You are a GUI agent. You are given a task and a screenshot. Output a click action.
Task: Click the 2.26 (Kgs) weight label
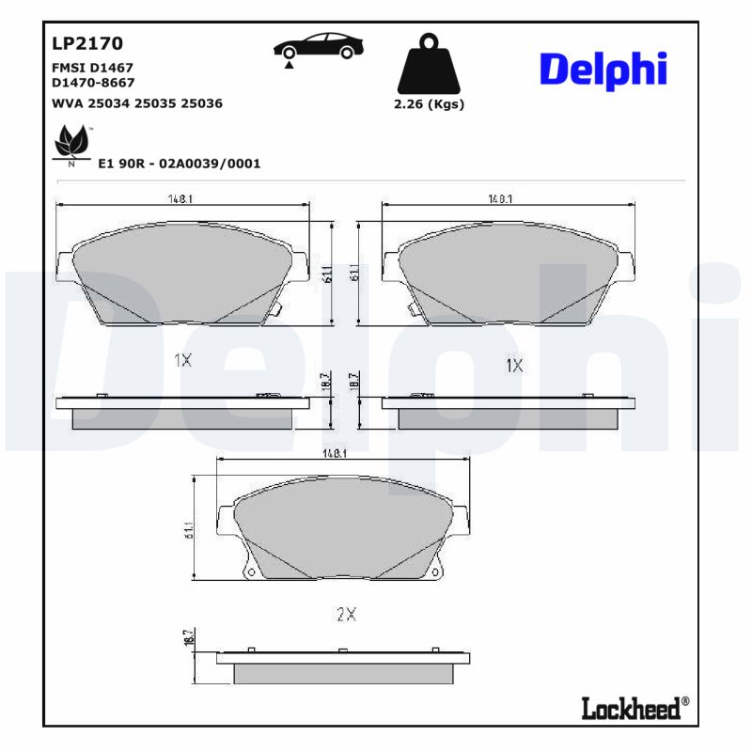click(x=429, y=104)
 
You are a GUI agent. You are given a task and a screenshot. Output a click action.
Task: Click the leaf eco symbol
click(x=70, y=145)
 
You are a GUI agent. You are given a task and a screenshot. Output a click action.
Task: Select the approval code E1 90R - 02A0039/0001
click(x=179, y=164)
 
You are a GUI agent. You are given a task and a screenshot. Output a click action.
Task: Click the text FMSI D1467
click(x=91, y=69)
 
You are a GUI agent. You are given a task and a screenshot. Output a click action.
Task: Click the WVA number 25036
click(x=201, y=103)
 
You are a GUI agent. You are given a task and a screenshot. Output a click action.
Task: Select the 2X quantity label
click(x=346, y=615)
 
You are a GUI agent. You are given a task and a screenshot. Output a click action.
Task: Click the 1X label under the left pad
click(x=182, y=360)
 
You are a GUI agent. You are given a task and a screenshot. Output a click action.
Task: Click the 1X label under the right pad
click(x=513, y=364)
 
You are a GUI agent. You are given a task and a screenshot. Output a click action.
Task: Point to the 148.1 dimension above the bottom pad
click(x=336, y=453)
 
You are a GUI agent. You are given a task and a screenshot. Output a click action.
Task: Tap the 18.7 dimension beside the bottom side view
click(x=188, y=638)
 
